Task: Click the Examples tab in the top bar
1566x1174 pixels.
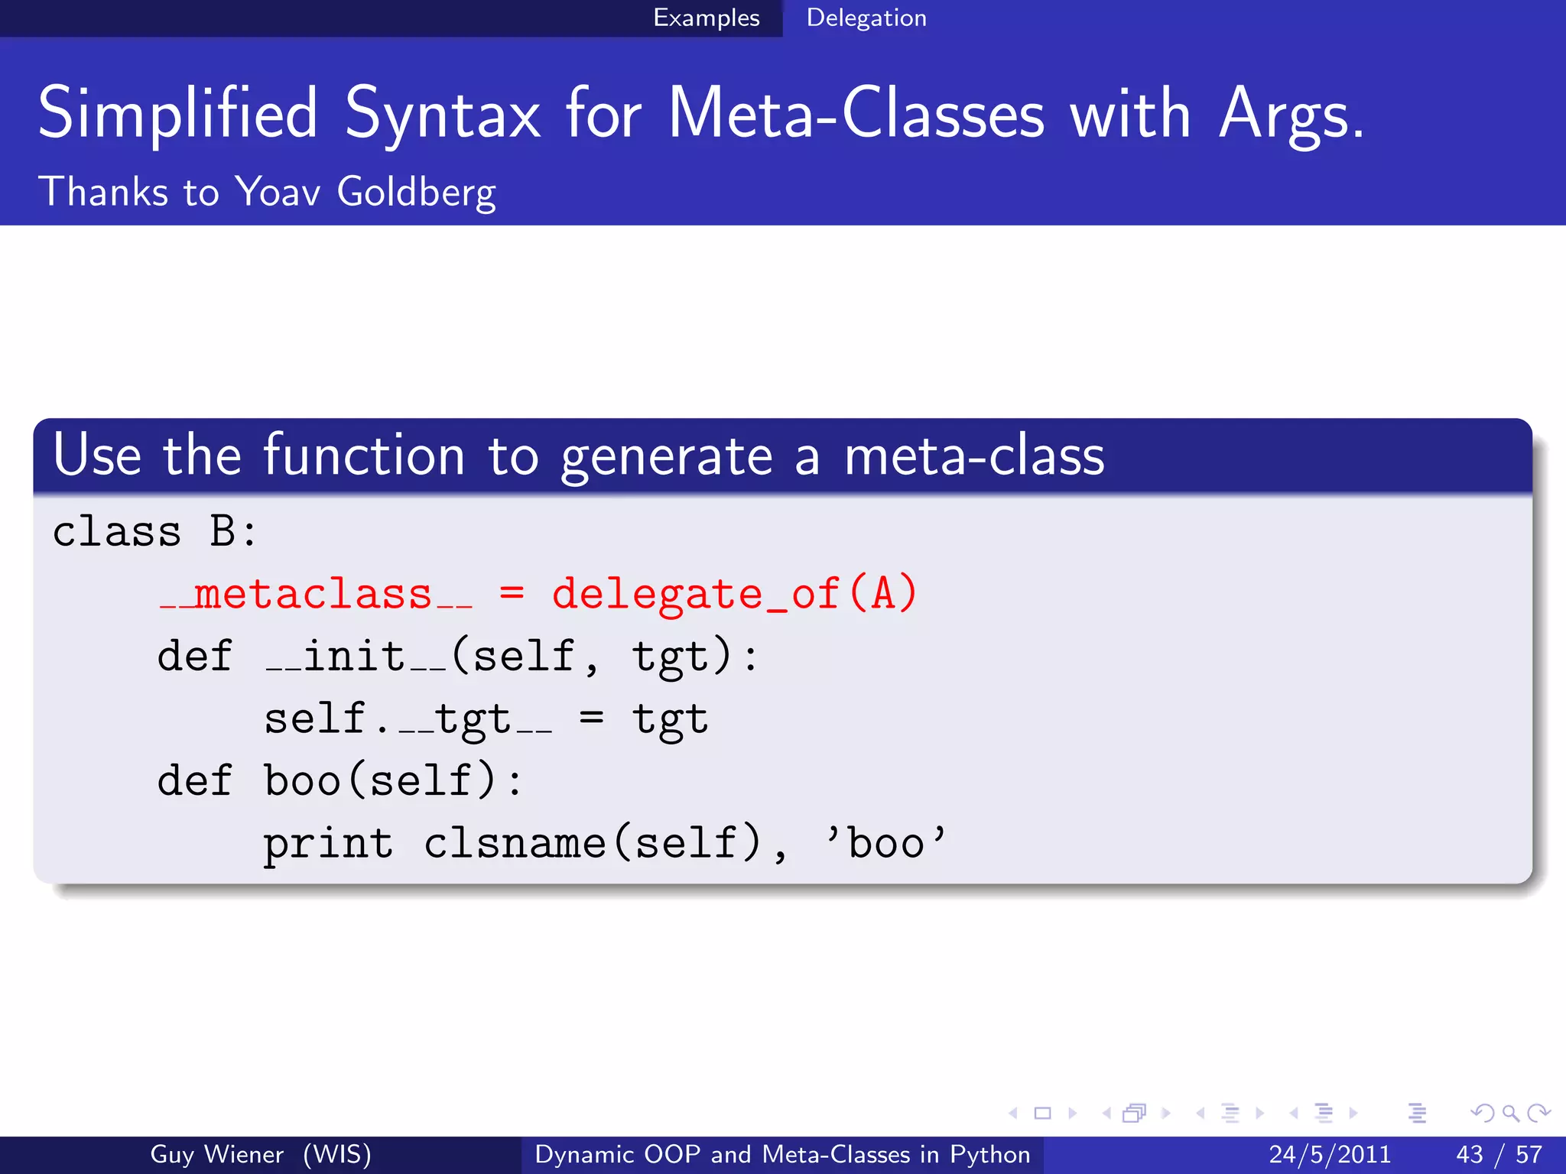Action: point(706,18)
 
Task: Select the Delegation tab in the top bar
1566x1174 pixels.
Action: point(866,18)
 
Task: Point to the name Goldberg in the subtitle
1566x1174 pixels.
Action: point(416,192)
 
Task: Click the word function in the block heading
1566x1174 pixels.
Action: point(364,456)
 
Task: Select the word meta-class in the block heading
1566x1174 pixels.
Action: point(973,456)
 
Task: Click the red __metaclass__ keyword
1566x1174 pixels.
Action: point(315,595)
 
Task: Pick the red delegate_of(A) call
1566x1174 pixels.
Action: point(734,595)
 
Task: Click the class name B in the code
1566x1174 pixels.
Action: point(223,531)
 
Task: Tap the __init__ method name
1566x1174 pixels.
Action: point(356,657)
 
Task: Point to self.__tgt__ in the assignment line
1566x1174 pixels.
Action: point(408,719)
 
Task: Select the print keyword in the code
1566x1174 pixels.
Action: point(328,844)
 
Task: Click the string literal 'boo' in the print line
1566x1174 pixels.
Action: point(885,842)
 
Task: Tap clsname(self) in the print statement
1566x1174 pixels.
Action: point(593,844)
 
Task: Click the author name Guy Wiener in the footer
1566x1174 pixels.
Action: point(217,1154)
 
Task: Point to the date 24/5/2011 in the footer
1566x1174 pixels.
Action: point(1329,1154)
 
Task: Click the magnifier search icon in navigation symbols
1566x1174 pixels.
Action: point(1510,1114)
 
